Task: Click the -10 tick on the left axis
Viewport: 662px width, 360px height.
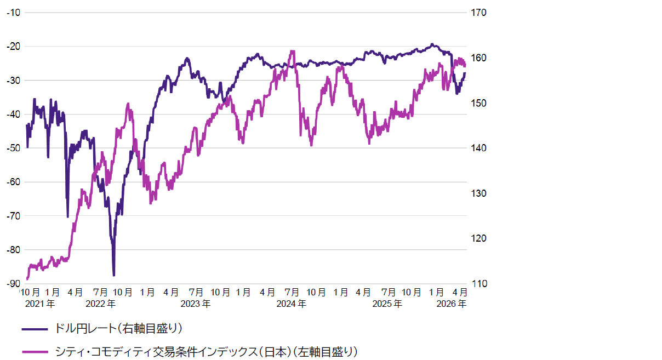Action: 13,12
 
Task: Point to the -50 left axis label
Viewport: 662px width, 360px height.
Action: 13,148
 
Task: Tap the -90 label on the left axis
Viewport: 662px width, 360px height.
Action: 13,283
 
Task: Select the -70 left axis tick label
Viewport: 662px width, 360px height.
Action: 13,216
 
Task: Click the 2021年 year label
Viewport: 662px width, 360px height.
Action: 40,303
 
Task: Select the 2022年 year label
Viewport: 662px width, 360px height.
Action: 101,303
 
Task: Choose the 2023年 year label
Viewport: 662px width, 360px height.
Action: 196,303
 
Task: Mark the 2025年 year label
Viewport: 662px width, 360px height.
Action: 387,303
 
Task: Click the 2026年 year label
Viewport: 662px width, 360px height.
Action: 452,303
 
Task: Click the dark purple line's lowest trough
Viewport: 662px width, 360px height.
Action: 113,275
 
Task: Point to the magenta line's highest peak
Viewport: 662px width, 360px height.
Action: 293,52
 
